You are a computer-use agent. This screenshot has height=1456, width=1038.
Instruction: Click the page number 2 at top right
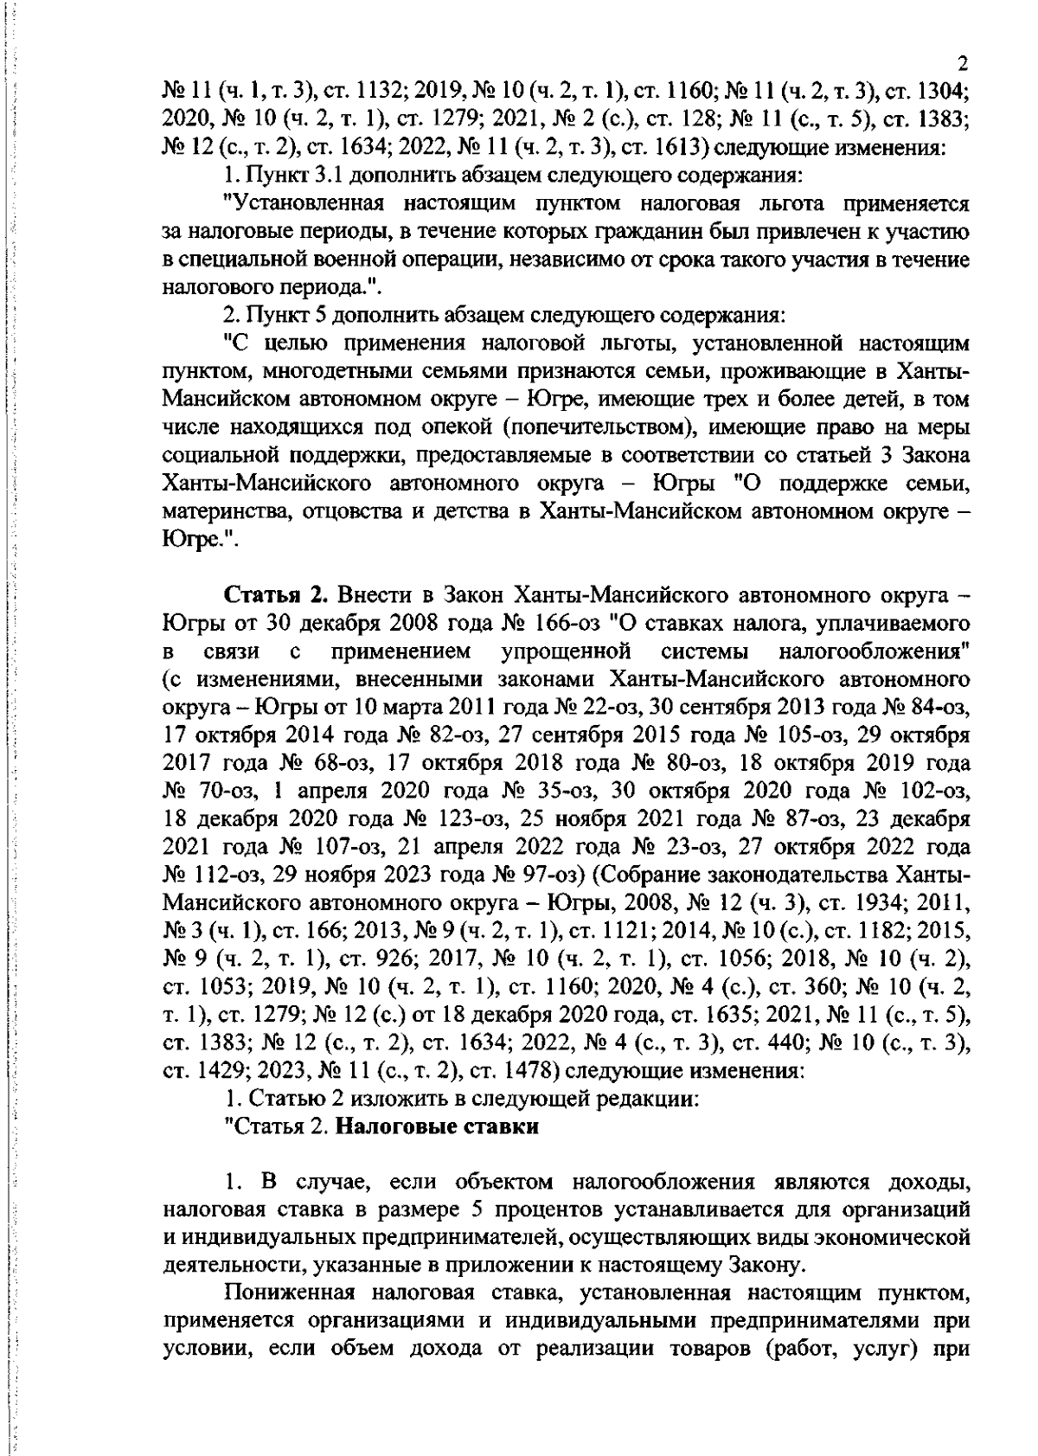point(962,63)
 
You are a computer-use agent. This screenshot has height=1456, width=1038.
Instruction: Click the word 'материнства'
point(228,510)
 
